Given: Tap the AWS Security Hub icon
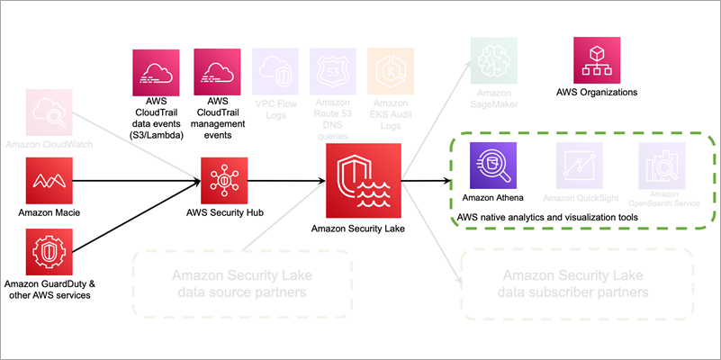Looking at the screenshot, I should pyautogui.click(x=224, y=181).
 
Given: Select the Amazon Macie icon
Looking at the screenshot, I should pyautogui.click(x=50, y=181).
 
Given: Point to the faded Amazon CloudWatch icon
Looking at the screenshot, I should pyautogui.click(x=50, y=112).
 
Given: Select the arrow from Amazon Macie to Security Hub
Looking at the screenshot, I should pyautogui.click(x=135, y=181).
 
